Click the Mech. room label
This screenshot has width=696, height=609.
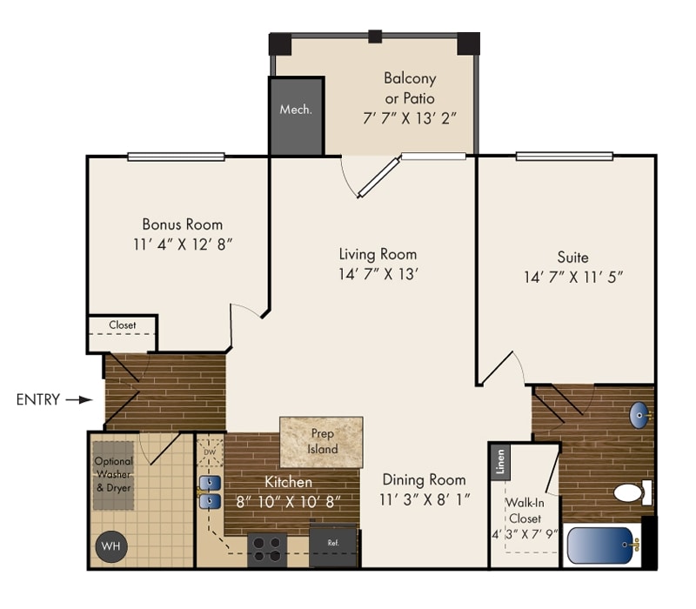point(296,110)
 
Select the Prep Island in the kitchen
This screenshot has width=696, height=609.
point(321,441)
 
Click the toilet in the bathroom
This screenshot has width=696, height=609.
point(632,492)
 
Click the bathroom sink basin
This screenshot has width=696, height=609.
point(639,415)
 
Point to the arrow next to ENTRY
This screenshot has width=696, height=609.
point(79,400)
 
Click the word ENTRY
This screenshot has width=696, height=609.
point(38,400)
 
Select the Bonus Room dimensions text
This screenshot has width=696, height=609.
point(182,244)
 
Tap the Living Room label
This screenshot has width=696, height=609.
point(378,254)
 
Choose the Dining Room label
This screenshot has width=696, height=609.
point(424,479)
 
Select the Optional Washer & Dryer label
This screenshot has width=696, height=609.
point(113,474)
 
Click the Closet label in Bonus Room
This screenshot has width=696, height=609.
point(123,325)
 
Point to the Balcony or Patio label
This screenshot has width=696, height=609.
point(410,89)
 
